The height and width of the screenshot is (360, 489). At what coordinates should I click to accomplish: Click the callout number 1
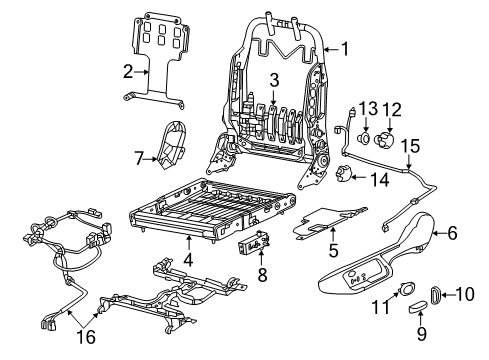coord(344,47)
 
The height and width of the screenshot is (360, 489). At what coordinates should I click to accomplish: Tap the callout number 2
coord(128,69)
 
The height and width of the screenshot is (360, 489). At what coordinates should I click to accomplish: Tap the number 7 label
coord(139,156)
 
